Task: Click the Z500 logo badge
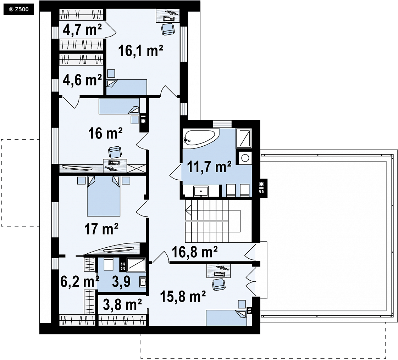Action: pyautogui.click(x=18, y=10)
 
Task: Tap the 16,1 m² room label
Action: pyautogui.click(x=140, y=51)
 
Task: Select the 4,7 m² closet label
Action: pyautogui.click(x=82, y=30)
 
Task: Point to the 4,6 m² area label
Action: pyautogui.click(x=82, y=80)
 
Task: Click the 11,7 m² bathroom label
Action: pyautogui.click(x=209, y=167)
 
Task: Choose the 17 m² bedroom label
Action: pyautogui.click(x=101, y=229)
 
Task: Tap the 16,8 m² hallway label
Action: pyautogui.click(x=195, y=252)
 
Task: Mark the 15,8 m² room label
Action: pyautogui.click(x=183, y=296)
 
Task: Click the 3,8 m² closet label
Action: pyautogui.click(x=122, y=304)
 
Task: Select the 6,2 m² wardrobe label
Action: pyautogui.click(x=80, y=281)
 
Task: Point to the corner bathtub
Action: pyautogui.click(x=201, y=139)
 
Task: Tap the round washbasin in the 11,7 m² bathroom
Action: pyautogui.click(x=245, y=158)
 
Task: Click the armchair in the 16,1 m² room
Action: pyautogui.click(x=168, y=29)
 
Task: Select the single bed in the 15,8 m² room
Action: pyautogui.click(x=226, y=318)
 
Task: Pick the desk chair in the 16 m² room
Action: pyautogui.click(x=115, y=152)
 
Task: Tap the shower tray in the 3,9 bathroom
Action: pyautogui.click(x=136, y=265)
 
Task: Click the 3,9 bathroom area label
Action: pyautogui.click(x=121, y=281)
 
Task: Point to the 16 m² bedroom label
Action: pyautogui.click(x=105, y=133)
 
